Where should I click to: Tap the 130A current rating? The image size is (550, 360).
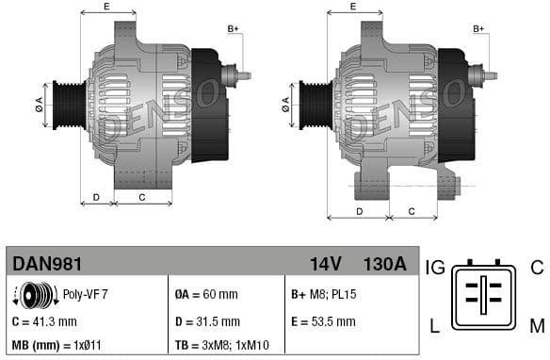(x=384, y=263)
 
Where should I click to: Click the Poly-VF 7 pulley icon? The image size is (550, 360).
(x=30, y=295)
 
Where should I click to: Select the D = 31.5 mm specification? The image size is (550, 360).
(x=208, y=321)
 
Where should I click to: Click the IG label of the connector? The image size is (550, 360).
(x=435, y=268)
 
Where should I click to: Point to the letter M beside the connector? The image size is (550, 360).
(x=536, y=327)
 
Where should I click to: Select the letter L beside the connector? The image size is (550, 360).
(x=435, y=327)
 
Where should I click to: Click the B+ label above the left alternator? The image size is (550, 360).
(x=234, y=29)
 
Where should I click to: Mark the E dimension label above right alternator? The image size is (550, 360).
(x=353, y=8)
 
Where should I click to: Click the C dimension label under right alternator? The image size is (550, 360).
(x=412, y=210)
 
